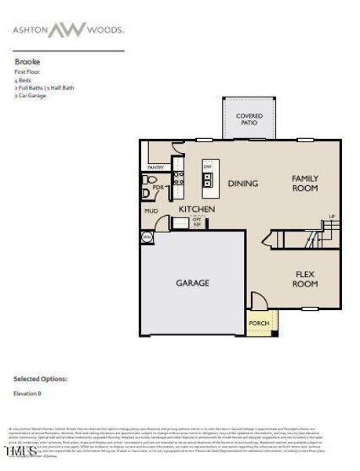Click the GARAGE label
[192, 283]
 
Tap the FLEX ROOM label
[305, 279]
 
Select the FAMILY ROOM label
[304, 184]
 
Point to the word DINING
[243, 184]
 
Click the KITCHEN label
[196, 210]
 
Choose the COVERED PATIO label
[249, 119]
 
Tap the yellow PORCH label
[258, 323]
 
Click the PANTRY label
[155, 167]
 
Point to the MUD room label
[151, 210]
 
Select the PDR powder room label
[158, 188]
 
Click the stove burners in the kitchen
[178, 178]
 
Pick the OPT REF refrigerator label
[197, 223]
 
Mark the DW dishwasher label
[208, 167]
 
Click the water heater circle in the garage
[147, 236]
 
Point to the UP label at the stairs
[332, 216]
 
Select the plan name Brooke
[27, 60]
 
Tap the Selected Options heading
[40, 378]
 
